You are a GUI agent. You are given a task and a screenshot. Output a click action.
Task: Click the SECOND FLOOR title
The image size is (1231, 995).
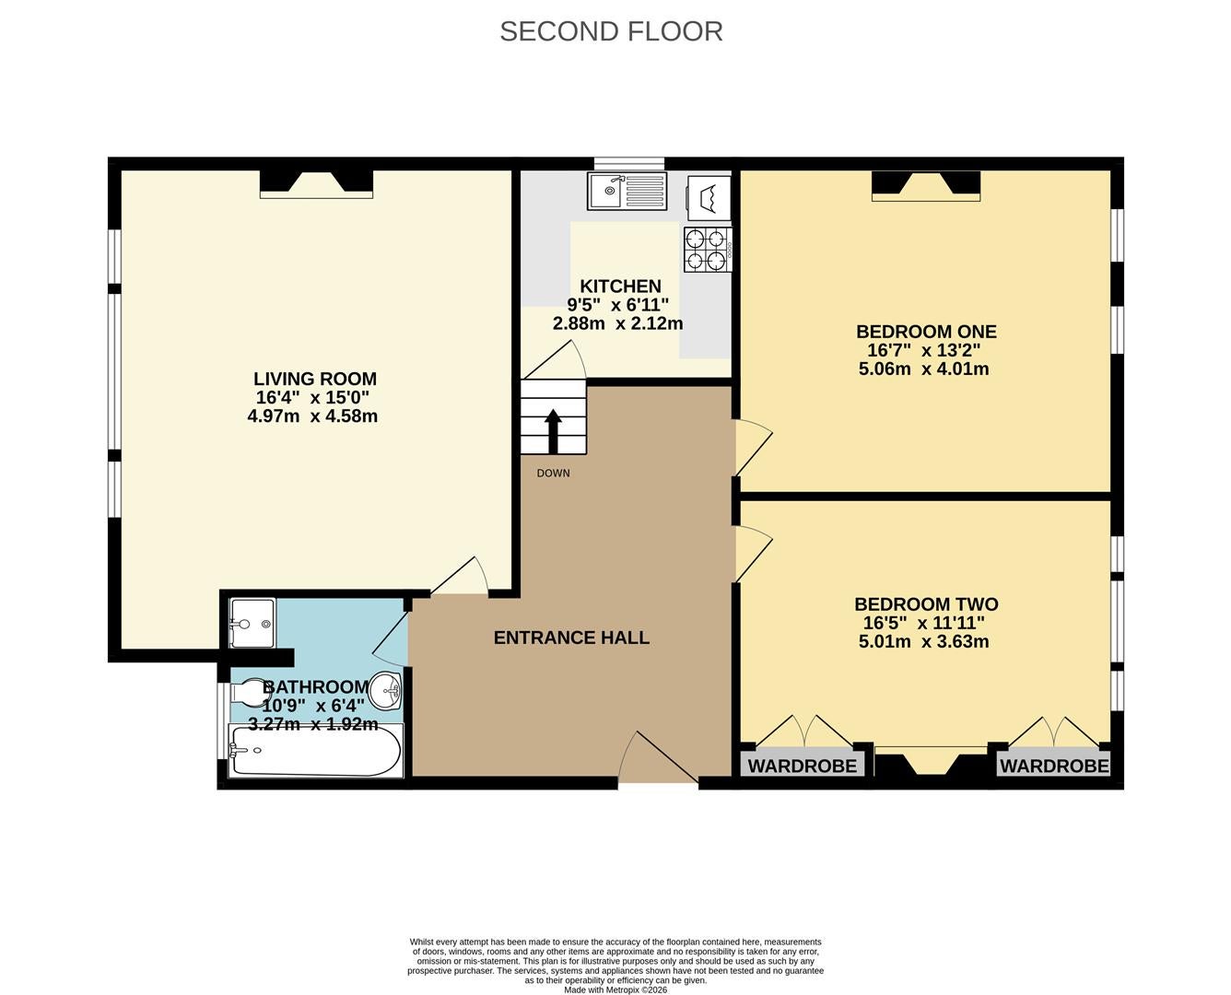point(611,31)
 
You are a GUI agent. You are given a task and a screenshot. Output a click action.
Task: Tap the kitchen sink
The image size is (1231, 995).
point(627,191)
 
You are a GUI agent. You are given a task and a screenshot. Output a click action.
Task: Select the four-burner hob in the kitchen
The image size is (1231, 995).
point(708,250)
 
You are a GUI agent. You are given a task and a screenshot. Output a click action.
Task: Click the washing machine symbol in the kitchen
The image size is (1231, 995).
point(709,197)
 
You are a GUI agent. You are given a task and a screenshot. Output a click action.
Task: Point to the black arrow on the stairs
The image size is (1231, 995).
point(553,431)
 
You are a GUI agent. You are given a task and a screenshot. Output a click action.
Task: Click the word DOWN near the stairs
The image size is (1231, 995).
point(553,474)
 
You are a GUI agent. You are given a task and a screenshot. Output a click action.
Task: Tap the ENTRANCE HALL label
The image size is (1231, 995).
point(571,638)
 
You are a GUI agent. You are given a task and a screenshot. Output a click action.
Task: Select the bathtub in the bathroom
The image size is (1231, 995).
point(316,751)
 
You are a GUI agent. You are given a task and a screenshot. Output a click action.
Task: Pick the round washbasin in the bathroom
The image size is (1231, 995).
point(385,690)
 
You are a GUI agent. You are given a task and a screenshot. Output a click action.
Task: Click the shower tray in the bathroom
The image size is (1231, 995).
point(252,624)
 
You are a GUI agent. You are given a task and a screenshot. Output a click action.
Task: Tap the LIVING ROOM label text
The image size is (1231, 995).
point(315,379)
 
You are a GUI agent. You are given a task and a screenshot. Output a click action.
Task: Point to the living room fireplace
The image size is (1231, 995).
point(316,183)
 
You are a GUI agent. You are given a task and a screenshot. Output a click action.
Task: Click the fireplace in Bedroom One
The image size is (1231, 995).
point(926,186)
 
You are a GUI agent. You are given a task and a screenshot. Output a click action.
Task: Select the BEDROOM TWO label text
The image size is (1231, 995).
point(926,604)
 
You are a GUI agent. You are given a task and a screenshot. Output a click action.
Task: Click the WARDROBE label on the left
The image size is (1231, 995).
point(803,767)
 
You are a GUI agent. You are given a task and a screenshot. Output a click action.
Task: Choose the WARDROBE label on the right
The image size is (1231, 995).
point(1054,767)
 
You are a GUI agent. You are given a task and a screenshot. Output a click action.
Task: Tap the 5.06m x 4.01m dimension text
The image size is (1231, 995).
point(923,369)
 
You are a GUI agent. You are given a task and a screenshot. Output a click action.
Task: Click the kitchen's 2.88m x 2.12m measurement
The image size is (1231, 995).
point(618,323)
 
